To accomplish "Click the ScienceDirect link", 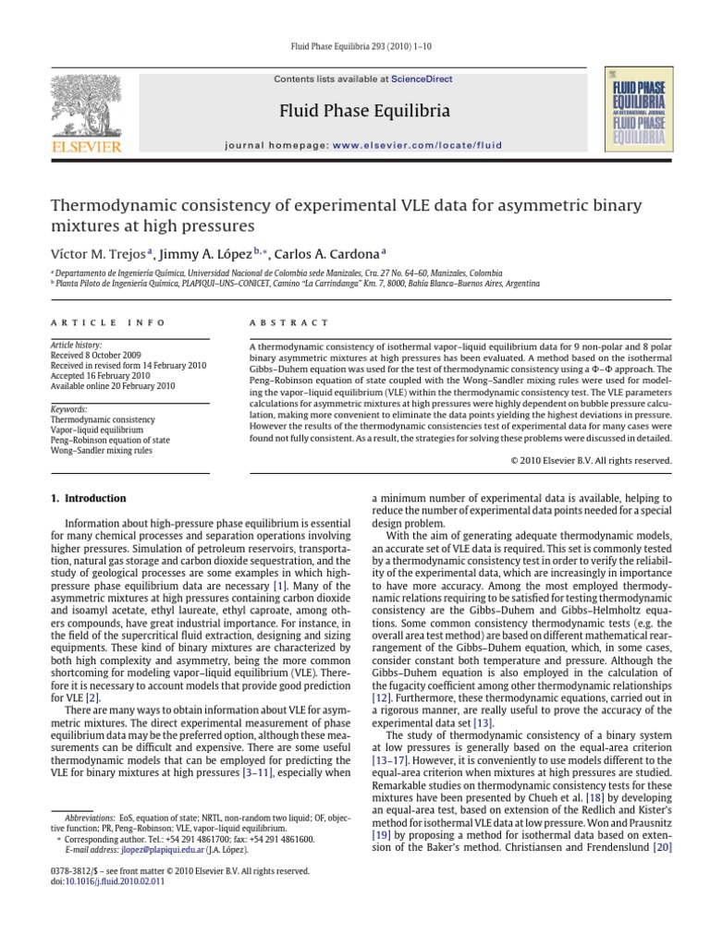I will coord(422,79).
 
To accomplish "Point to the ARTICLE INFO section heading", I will coord(107,322).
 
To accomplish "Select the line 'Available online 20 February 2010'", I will coord(111,385).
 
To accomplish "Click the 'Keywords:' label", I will coord(68,409).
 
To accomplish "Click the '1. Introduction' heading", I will coord(88,499).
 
